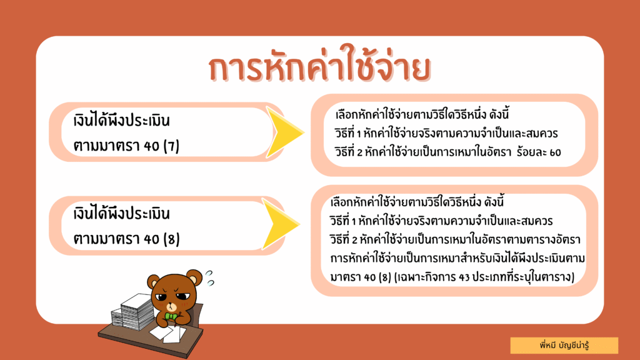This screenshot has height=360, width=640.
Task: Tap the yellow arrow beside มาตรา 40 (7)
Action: coord(284,132)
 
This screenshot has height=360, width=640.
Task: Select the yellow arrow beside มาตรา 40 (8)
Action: coord(281,224)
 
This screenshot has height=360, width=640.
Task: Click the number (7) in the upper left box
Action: coord(171,146)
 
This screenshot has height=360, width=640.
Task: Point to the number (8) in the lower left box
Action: coord(171,239)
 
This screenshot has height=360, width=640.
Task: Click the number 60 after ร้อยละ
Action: coord(555,152)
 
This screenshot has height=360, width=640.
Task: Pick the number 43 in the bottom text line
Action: coord(464,277)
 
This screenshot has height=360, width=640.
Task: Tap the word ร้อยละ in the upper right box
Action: coord(531,152)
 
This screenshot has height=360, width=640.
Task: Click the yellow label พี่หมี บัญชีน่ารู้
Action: coord(564,345)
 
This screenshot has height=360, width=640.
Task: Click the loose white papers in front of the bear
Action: coord(169,333)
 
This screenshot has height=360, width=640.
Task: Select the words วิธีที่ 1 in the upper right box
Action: coord(347,133)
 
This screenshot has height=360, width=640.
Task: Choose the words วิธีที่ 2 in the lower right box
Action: coord(343,239)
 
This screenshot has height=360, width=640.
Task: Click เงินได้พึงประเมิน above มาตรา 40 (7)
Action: coord(122,121)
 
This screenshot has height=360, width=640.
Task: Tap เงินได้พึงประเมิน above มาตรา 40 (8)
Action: coord(122,214)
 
